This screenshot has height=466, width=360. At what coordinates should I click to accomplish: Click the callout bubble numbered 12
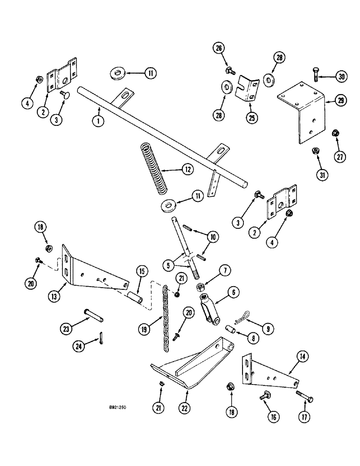(187, 170)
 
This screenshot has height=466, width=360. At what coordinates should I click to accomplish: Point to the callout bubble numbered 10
(213, 238)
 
